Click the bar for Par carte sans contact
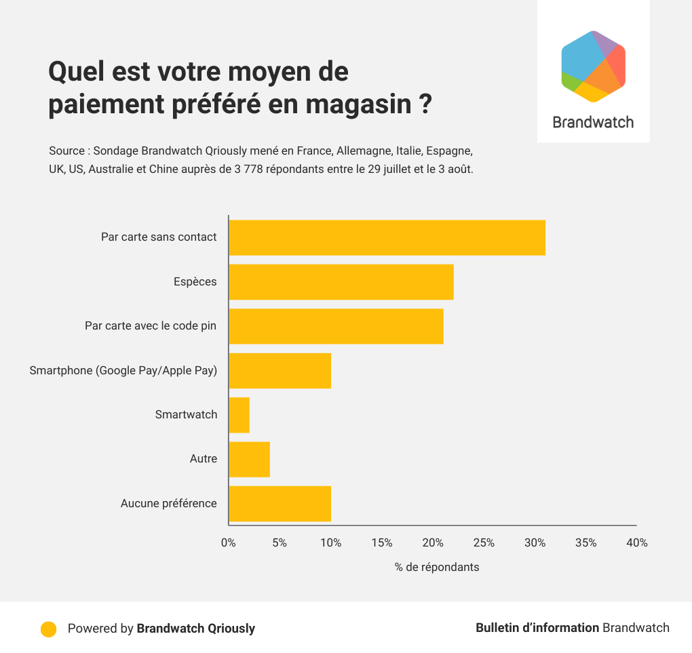click(x=387, y=238)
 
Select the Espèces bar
click(x=341, y=282)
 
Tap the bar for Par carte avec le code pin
click(x=336, y=326)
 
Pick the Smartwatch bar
click(x=239, y=415)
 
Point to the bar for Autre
click(x=250, y=459)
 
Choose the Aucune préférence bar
click(x=280, y=504)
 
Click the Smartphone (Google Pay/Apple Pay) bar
click(x=280, y=371)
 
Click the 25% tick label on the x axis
click(x=484, y=543)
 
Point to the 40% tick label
click(x=637, y=543)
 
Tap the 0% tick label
click(x=229, y=543)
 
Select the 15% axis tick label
click(x=382, y=543)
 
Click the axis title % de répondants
click(x=437, y=567)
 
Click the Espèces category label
click(x=195, y=281)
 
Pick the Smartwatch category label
click(x=186, y=414)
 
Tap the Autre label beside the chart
click(x=204, y=459)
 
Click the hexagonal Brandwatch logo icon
click(x=593, y=66)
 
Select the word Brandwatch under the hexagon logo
click(x=593, y=123)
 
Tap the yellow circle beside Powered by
click(x=48, y=629)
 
